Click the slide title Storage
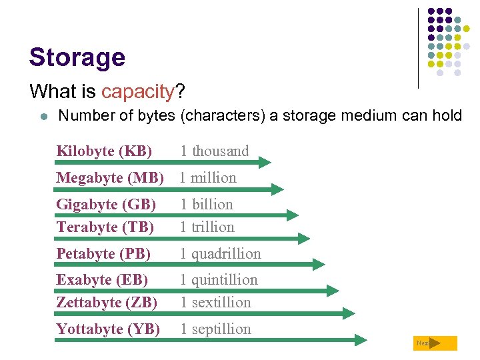coord(77,57)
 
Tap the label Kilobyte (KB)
coord(104,151)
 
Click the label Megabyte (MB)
coord(110,178)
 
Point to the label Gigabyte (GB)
coord(106,205)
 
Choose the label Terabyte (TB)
coord(105,227)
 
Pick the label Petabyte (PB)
coord(103,254)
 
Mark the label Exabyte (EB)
coord(102,280)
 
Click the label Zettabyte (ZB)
coord(107,303)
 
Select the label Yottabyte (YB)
coord(108,329)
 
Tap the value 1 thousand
coord(215,151)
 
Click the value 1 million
coord(208,178)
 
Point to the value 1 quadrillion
coord(221,254)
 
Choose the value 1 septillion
coord(216,329)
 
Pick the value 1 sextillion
coord(216,303)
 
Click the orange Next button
coord(435,343)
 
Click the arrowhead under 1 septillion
coord(361,340)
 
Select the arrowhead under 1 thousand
coord(265,162)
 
